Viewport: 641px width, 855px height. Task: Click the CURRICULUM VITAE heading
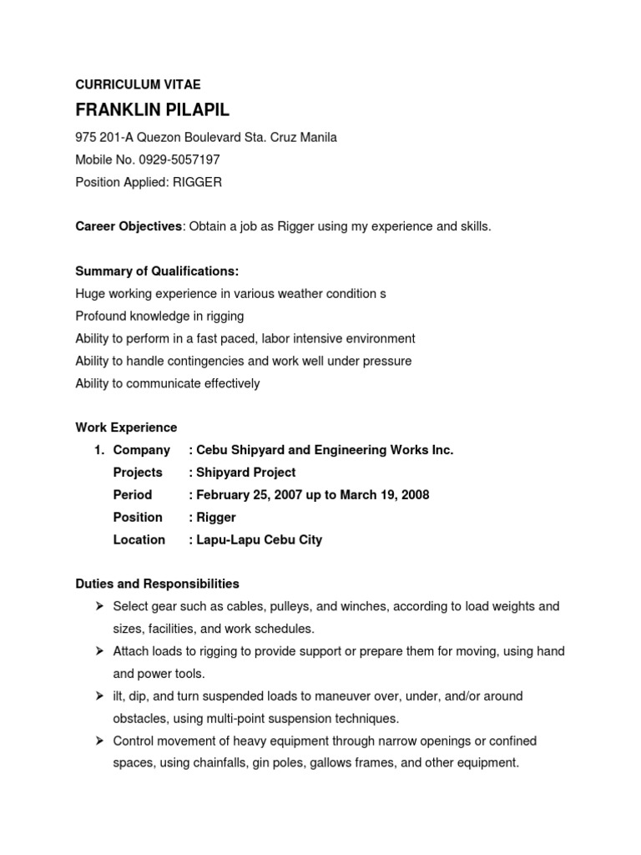(x=138, y=84)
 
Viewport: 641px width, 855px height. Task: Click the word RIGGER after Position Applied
(x=197, y=182)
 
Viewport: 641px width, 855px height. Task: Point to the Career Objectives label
(x=129, y=226)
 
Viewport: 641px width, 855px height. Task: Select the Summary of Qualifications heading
(x=157, y=271)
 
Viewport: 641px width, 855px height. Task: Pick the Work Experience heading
(x=126, y=427)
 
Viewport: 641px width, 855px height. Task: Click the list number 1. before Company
(x=98, y=450)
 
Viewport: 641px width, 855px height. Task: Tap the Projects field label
(x=138, y=473)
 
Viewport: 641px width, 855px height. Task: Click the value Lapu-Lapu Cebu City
(x=259, y=540)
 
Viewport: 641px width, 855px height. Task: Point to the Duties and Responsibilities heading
(x=157, y=584)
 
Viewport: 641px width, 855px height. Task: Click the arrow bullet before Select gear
(x=98, y=606)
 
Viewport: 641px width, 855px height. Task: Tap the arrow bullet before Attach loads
(x=98, y=651)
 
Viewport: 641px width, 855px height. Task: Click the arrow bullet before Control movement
(x=98, y=741)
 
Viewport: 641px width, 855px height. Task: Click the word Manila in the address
(x=316, y=137)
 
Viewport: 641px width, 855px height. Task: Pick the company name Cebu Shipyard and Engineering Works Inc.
(x=325, y=450)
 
